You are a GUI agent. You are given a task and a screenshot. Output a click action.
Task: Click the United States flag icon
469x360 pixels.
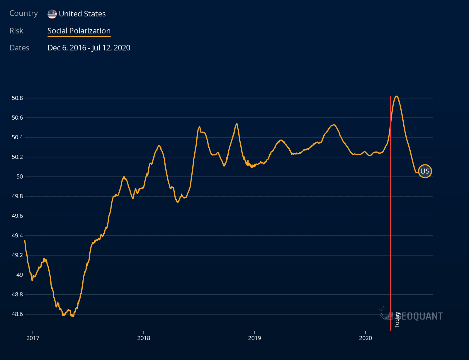point(52,14)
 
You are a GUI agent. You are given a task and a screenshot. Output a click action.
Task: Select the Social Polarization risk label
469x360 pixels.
point(79,31)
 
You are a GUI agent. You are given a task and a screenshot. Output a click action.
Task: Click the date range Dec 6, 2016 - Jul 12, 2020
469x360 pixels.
point(89,48)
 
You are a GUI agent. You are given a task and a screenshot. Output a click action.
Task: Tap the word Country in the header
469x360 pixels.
point(23,13)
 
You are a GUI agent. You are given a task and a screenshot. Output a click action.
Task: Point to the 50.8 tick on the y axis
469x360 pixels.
point(17,98)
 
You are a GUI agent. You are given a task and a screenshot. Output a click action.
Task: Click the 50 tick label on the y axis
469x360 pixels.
point(20,176)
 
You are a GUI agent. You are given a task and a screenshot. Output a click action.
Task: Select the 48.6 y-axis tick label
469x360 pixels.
point(17,314)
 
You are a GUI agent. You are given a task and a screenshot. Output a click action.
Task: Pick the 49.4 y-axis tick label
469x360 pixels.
point(17,235)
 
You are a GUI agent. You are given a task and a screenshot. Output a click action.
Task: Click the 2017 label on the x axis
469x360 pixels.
point(33,338)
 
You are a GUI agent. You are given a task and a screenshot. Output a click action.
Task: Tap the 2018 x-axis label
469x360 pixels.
point(144,338)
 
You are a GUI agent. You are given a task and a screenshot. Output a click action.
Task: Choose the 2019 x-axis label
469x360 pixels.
point(254,338)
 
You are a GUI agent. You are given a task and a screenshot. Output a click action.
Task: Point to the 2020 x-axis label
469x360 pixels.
point(365,338)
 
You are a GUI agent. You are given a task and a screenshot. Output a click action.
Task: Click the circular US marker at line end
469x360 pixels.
point(425,171)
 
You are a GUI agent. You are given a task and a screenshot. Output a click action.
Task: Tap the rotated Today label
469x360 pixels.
point(397,320)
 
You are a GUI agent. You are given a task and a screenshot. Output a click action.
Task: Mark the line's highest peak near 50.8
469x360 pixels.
point(396,96)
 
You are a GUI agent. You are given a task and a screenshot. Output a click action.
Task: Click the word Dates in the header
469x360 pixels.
point(19,48)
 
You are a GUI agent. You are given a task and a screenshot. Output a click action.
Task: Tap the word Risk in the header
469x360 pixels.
point(16,31)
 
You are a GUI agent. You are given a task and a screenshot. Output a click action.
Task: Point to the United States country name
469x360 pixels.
point(82,14)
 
